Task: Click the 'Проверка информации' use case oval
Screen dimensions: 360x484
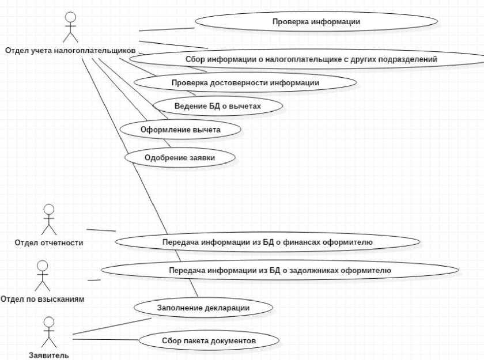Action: [316, 22]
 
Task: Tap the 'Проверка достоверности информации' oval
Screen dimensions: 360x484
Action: [245, 83]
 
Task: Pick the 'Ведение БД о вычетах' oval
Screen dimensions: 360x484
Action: [218, 107]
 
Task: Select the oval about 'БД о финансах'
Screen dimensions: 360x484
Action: [267, 242]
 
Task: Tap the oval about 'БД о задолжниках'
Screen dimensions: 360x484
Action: [280, 270]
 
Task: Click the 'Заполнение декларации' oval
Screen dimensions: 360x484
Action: [203, 308]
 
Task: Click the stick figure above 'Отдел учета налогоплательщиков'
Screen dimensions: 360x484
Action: [70, 26]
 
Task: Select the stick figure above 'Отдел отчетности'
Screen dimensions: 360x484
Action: [49, 219]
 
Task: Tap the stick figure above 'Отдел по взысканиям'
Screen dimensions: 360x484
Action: [41, 276]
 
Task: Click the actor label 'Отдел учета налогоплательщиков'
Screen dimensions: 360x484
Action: [70, 50]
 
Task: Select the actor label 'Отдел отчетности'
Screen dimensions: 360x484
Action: [49, 242]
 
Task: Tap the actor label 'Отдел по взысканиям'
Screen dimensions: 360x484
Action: [42, 299]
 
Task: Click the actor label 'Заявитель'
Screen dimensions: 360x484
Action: [49, 355]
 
